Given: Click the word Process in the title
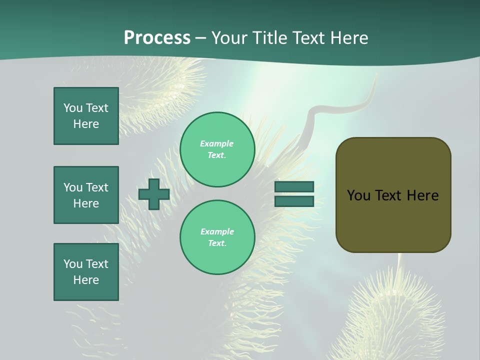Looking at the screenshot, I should [157, 38].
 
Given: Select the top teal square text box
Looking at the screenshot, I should [86, 116].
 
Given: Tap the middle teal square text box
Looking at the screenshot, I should [86, 195].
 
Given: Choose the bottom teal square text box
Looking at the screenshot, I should [86, 272].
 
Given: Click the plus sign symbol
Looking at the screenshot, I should [154, 194].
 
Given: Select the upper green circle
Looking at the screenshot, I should [217, 149].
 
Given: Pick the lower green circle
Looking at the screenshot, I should [217, 237].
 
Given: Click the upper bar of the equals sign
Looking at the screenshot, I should [294, 186].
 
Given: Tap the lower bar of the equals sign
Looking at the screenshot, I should [294, 201].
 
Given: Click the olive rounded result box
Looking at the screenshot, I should [393, 220].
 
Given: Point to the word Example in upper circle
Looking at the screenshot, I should [216, 143].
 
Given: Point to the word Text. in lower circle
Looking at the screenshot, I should [217, 243].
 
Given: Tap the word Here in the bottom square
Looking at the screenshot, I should [86, 280].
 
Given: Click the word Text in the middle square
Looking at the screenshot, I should [97, 187].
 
